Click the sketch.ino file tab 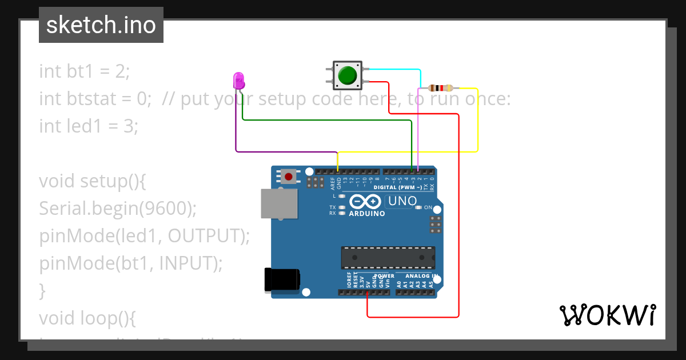(x=101, y=25)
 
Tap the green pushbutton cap (x=348, y=75)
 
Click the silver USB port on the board (x=279, y=203)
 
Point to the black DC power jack (x=282, y=279)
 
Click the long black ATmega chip (x=388, y=258)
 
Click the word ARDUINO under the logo (x=366, y=214)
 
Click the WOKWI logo (x=607, y=315)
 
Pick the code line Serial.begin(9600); (x=118, y=209)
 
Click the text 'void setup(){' (x=93, y=181)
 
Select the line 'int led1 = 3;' (x=89, y=126)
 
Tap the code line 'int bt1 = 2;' (x=85, y=71)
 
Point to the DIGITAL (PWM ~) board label (x=398, y=187)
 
